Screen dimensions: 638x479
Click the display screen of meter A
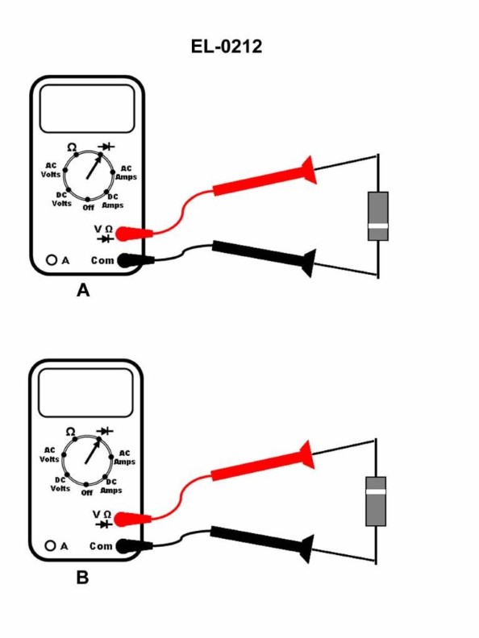point(86,109)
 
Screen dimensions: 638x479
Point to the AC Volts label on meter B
point(50,454)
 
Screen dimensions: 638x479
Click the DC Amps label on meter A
point(113,201)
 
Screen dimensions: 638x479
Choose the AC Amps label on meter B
point(124,457)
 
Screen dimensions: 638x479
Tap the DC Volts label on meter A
point(62,199)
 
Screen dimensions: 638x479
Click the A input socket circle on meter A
point(52,260)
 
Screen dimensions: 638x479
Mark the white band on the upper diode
point(377,226)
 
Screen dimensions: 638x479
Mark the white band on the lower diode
point(376,490)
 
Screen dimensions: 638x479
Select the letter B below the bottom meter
point(82,578)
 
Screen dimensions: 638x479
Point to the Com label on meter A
point(102,260)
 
